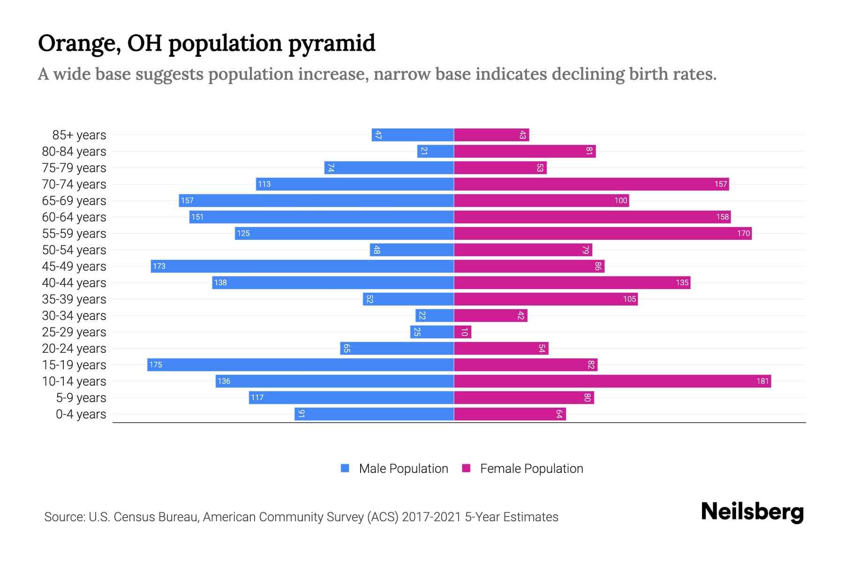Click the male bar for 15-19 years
[300, 365]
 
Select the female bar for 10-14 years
[612, 381]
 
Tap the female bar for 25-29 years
[462, 332]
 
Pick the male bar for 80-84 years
[435, 151]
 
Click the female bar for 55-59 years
[603, 233]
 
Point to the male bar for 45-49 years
[302, 266]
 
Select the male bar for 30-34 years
[434, 315]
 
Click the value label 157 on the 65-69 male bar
[187, 200]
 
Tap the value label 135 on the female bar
[682, 282]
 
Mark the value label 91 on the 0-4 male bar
[301, 414]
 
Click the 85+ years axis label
[79, 135]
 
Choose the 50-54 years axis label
[74, 250]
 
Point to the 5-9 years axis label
[81, 398]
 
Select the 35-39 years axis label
[74, 299]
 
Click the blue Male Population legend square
[345, 468]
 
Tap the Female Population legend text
[531, 468]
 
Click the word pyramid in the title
[332, 44]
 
